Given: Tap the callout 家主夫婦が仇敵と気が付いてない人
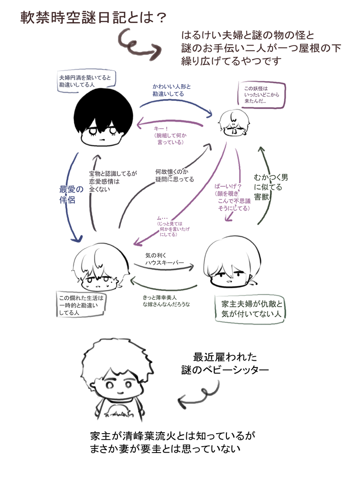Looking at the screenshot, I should click(251, 309).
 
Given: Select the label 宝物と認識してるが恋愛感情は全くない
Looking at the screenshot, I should click(113, 181).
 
